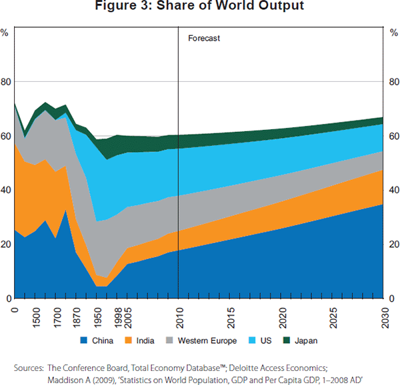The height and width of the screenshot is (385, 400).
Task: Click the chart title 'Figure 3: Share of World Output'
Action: (x=199, y=7)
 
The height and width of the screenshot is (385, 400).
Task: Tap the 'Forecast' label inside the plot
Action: (x=203, y=38)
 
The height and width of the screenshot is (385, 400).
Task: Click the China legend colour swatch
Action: (x=85, y=340)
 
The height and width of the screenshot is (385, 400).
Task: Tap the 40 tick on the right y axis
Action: (x=392, y=191)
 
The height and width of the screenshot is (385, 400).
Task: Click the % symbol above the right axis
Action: (x=392, y=32)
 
